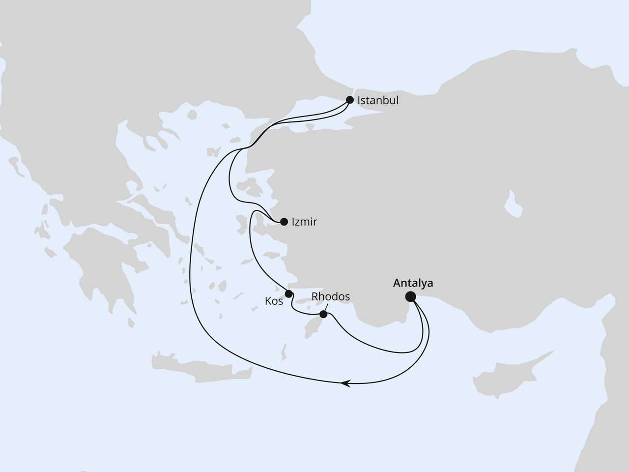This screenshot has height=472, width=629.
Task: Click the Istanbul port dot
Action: click(350, 99)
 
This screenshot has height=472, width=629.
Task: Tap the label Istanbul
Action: click(378, 100)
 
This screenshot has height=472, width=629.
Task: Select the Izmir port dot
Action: click(284, 222)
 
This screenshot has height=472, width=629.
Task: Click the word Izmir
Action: click(304, 222)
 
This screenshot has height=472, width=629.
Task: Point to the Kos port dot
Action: click(289, 294)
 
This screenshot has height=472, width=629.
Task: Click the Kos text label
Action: click(274, 301)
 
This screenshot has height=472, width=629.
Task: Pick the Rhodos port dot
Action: click(323, 314)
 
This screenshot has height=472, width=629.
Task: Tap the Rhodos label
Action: click(331, 296)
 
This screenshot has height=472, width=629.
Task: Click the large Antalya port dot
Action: click(410, 296)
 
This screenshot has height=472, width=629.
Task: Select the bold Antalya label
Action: click(413, 283)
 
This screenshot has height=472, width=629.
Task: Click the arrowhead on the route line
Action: click(346, 383)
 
